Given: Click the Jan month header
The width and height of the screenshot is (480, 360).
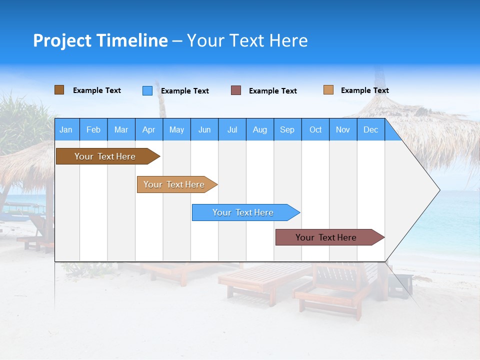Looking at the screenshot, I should click(x=66, y=129).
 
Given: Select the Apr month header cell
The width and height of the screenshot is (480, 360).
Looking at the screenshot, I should click(x=149, y=129).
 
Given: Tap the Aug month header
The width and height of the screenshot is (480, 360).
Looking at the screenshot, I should click(x=260, y=129).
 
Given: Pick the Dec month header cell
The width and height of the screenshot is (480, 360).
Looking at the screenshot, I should click(x=371, y=129).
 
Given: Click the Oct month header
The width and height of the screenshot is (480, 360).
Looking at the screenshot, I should click(x=315, y=129).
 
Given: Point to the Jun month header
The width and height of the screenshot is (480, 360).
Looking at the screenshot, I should click(x=204, y=129).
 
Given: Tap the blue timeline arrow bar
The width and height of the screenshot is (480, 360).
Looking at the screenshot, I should click(x=243, y=212).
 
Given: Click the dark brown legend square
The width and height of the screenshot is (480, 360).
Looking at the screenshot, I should click(x=59, y=90).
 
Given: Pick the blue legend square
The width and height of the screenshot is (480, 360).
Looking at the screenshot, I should click(x=147, y=90).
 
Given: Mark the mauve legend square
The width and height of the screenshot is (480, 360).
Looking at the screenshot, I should click(x=236, y=90).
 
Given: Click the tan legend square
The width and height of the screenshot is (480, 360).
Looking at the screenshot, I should click(x=328, y=90).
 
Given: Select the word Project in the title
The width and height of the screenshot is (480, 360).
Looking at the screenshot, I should click(x=62, y=40).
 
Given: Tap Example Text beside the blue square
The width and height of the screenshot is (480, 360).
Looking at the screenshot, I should click(x=184, y=91).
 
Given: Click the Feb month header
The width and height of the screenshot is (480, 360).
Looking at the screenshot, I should click(x=93, y=129).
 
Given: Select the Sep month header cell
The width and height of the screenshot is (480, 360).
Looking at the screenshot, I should click(x=287, y=129).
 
